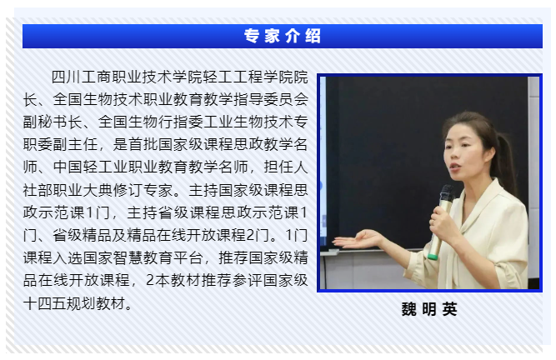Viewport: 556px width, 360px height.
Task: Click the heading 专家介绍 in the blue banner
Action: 283,36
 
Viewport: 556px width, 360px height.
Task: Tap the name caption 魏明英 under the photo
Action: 429,309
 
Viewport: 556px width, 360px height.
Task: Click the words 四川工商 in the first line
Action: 82,77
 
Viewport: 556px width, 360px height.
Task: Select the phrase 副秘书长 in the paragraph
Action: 53,122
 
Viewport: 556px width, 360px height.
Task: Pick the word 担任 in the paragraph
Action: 278,167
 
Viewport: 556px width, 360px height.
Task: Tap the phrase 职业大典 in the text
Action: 83,190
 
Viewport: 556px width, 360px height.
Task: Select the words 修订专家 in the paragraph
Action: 143,190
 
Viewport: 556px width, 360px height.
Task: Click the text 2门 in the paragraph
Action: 258,235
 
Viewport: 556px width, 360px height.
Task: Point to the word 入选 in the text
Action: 68,257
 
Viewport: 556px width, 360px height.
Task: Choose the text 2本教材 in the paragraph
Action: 173,280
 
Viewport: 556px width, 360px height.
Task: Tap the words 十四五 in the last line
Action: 45,303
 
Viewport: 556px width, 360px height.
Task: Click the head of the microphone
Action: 447,194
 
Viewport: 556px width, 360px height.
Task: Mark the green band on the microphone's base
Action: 433,256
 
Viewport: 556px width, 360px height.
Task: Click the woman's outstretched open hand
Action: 358,240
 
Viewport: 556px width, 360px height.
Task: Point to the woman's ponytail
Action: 507,161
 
